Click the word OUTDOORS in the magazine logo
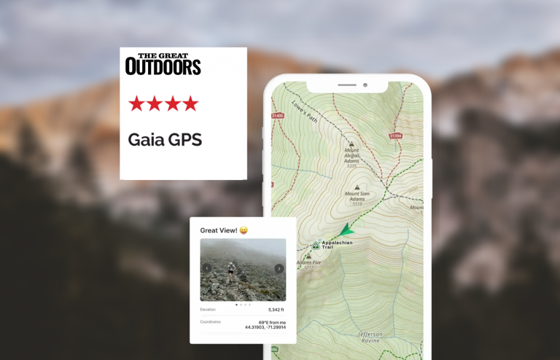click(x=163, y=67)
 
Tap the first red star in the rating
click(x=136, y=103)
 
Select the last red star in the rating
click(x=190, y=103)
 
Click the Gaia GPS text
click(x=165, y=140)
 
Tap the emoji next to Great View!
click(x=244, y=230)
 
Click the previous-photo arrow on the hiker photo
click(x=207, y=268)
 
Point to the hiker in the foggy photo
click(x=231, y=272)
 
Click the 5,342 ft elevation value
click(x=276, y=310)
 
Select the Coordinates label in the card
click(x=210, y=321)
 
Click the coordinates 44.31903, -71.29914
click(x=265, y=327)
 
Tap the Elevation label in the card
click(x=208, y=310)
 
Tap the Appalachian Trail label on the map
click(x=337, y=245)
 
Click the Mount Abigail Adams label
click(x=351, y=156)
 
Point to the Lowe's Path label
click(x=304, y=111)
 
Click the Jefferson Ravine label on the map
click(x=370, y=337)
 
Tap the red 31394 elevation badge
click(x=395, y=136)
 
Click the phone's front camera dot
click(x=365, y=85)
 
